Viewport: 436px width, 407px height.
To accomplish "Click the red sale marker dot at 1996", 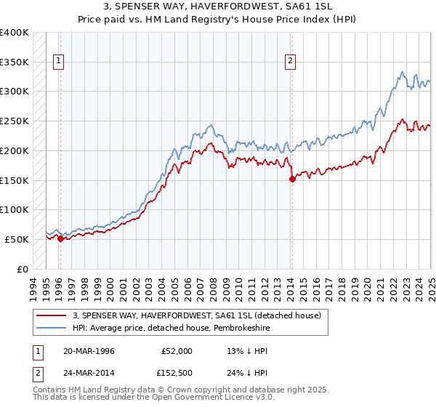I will [60, 238].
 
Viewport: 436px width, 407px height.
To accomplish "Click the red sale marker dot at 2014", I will [291, 178].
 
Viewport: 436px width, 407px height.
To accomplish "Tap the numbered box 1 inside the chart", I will [58, 62].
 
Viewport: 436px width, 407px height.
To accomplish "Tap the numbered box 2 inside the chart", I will [290, 62].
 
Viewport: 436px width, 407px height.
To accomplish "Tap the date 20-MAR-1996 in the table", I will [89, 351].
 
